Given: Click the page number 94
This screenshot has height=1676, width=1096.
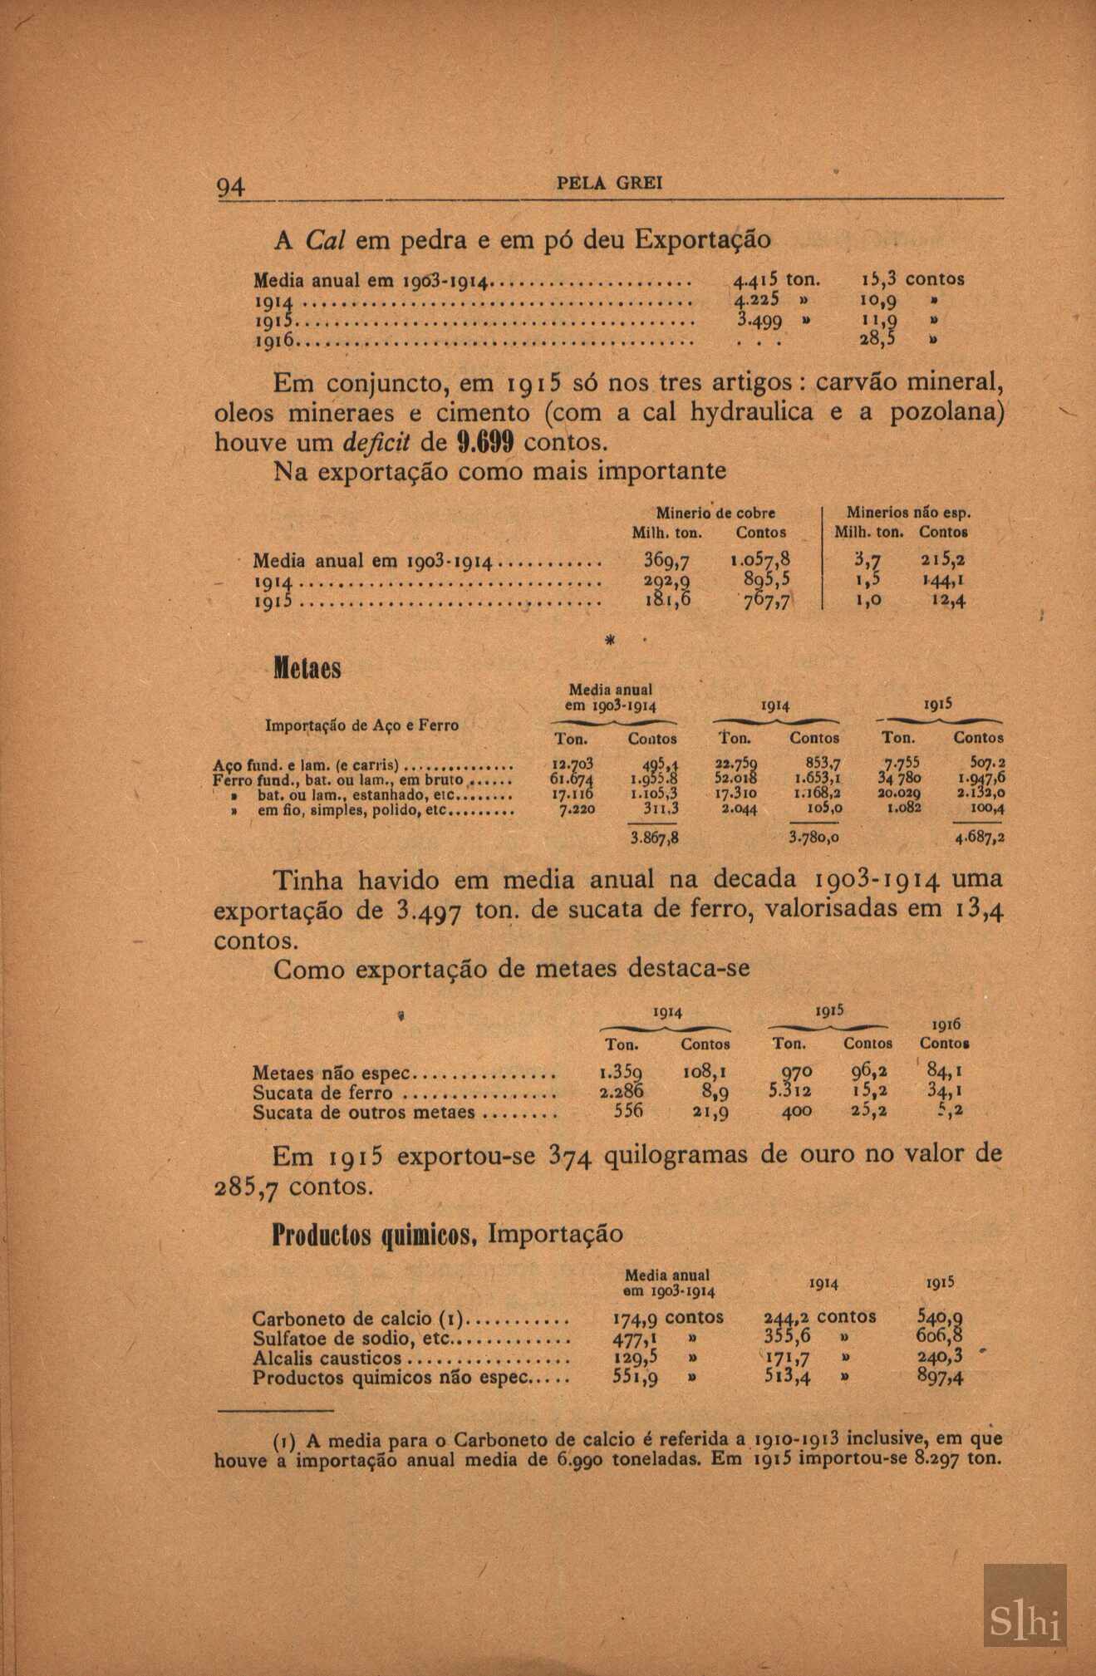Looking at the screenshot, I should (230, 187).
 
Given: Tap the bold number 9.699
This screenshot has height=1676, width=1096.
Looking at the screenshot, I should (487, 440).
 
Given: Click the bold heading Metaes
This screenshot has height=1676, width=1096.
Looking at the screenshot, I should (307, 669).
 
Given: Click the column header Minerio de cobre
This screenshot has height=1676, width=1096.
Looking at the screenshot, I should (715, 513).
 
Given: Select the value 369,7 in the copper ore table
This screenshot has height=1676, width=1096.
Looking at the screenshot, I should (666, 561).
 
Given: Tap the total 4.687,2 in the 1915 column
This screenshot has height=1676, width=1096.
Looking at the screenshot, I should (980, 838).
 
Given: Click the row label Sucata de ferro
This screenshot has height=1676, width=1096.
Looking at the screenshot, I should (322, 1094).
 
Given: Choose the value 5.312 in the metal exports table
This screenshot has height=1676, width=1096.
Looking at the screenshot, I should (790, 1091).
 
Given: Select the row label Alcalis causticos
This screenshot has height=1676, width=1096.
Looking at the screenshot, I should (327, 1359).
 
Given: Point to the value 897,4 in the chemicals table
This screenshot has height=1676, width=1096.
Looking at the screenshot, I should (940, 1378).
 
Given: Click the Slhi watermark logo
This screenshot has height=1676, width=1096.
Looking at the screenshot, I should (1025, 1605).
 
